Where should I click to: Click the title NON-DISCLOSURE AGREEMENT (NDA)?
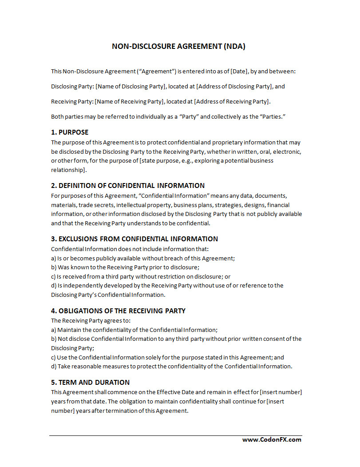tap(178, 46)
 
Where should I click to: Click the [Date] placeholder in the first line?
tap(240, 71)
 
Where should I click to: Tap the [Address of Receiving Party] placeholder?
tap(232, 101)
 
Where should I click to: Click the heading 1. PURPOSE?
tap(70, 132)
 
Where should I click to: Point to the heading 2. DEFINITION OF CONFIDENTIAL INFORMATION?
tap(128, 185)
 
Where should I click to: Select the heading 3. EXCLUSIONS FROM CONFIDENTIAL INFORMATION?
tap(135, 239)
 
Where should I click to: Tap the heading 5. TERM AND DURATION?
tap(91, 382)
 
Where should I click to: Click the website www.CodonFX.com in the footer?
tap(272, 439)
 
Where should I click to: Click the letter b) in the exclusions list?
tap(54, 267)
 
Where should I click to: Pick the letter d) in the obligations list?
tap(54, 366)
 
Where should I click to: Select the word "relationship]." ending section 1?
tap(68, 170)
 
